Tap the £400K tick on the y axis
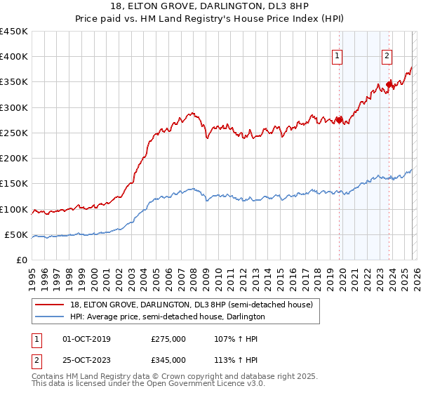(x=14, y=57)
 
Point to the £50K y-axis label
(x=17, y=234)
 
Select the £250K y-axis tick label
(x=14, y=133)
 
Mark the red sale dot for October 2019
(x=339, y=120)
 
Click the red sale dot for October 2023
(x=389, y=84)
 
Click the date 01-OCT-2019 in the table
(x=86, y=339)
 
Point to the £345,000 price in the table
(x=168, y=359)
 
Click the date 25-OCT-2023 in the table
(x=86, y=359)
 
